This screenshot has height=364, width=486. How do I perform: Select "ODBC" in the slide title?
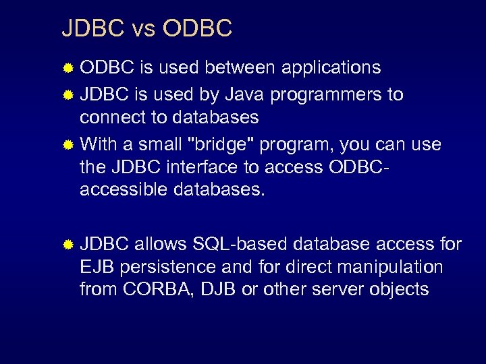tap(198, 28)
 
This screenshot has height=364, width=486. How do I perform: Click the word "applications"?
tap(331, 68)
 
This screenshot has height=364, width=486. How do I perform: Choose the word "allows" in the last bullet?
tap(161, 243)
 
